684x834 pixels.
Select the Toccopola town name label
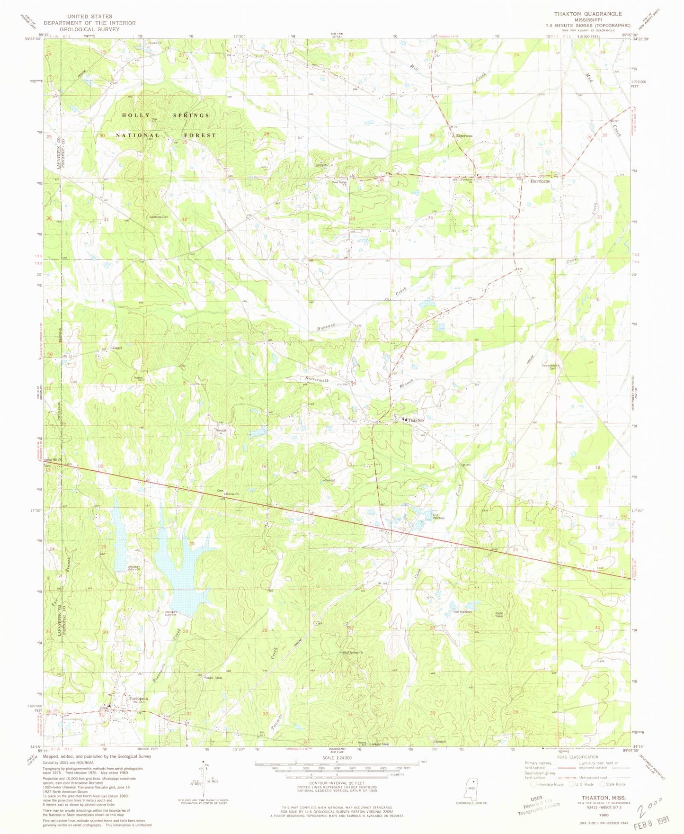(136, 699)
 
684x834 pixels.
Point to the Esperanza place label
(465, 136)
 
